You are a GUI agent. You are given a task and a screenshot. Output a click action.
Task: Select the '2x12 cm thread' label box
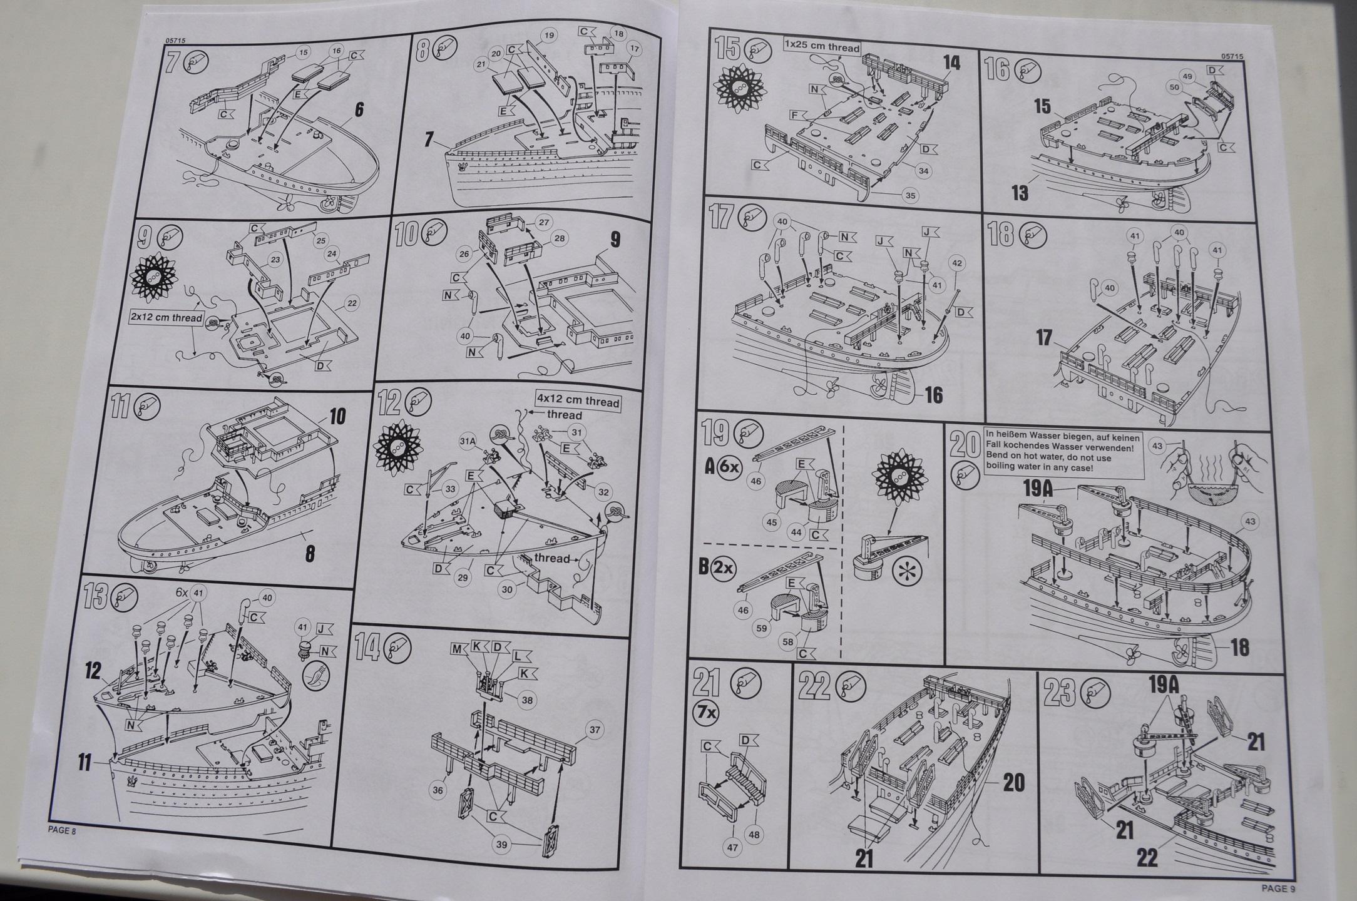pos(167,318)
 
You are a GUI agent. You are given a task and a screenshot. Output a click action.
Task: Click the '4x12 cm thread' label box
pos(578,402)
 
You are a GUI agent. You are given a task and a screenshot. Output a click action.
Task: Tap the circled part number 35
pos(910,196)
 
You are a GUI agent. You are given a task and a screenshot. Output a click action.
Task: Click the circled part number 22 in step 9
pos(351,303)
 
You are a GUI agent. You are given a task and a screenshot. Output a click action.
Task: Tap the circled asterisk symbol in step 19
pos(901,574)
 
